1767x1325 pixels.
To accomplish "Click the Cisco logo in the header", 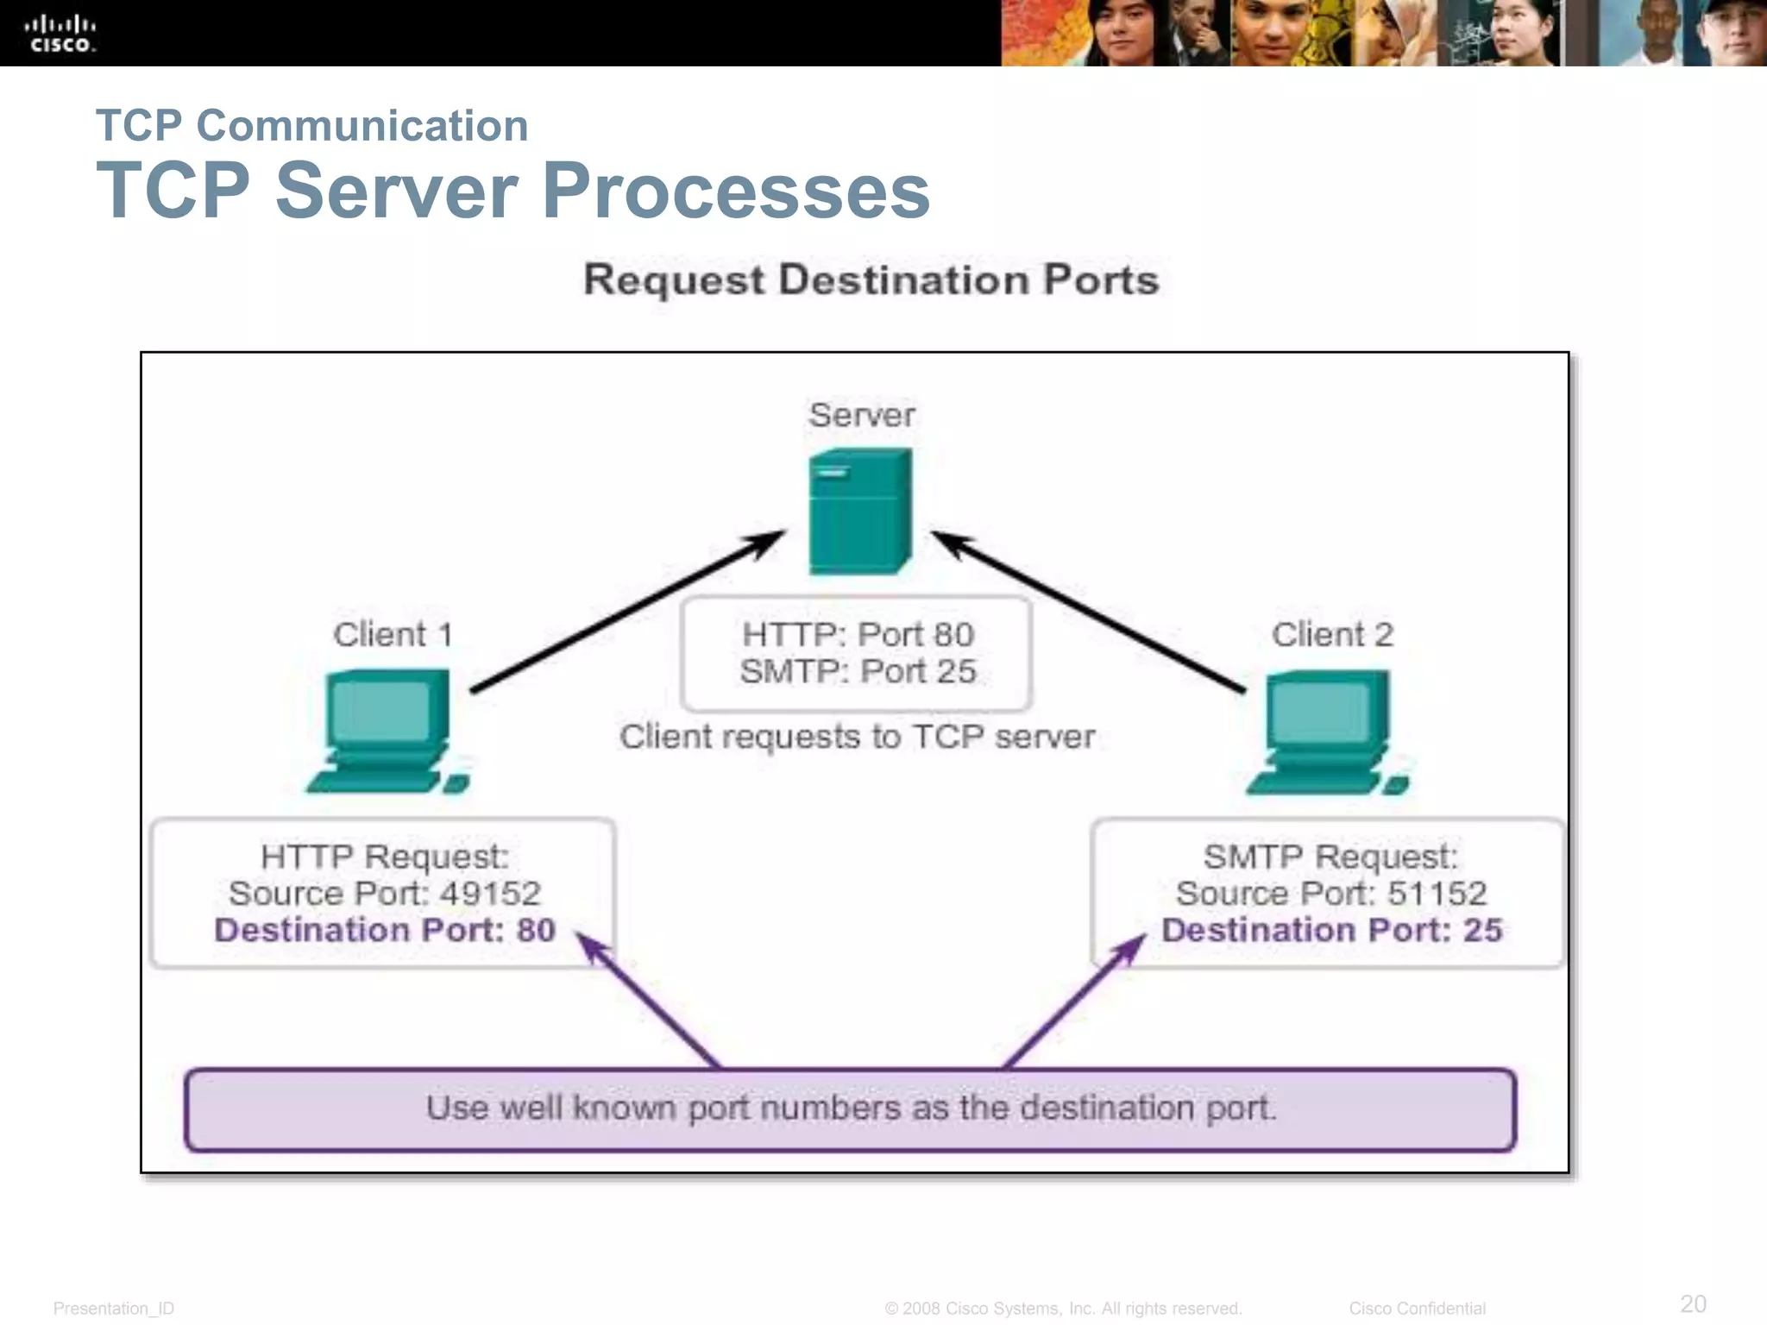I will click(60, 34).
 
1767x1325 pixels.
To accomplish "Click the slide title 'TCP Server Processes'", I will click(512, 191).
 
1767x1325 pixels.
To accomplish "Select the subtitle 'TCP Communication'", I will click(311, 126).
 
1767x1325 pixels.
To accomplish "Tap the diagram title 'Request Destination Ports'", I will click(871, 280).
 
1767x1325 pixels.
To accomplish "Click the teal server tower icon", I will click(859, 511).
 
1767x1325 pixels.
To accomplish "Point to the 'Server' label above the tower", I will click(861, 415).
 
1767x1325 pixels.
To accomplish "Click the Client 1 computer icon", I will click(388, 731).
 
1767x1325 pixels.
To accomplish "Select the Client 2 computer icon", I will click(1327, 732).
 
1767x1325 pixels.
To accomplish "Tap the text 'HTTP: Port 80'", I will click(858, 635).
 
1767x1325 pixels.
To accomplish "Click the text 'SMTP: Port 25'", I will click(858, 671).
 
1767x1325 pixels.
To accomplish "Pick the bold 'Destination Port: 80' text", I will click(385, 930).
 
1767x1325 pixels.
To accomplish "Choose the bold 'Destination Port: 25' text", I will click(1331, 930).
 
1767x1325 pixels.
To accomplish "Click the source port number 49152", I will click(490, 894).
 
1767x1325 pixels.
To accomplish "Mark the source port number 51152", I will click(1437, 894).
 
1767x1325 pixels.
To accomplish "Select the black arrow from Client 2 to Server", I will click(1089, 612).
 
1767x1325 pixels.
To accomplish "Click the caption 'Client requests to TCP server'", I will click(857, 737).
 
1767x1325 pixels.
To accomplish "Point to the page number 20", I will click(1693, 1303).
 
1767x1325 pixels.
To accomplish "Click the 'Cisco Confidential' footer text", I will click(1417, 1309).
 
